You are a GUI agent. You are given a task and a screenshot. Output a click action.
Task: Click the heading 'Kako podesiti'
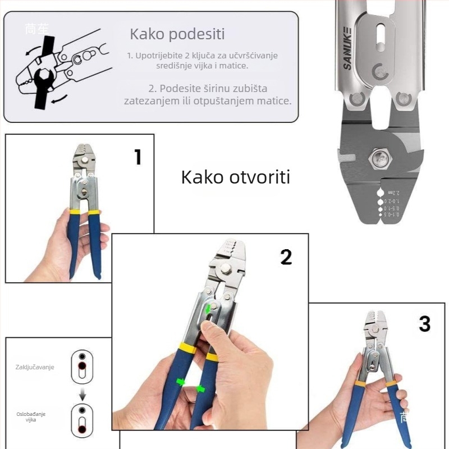coord(177,34)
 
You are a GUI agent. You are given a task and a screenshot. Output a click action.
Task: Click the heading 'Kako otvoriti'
coord(235,177)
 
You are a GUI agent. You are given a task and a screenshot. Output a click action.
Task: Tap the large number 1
coord(138,157)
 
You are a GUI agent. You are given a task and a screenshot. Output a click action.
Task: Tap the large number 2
coord(286,256)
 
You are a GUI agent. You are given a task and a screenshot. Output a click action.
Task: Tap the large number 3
coord(424,324)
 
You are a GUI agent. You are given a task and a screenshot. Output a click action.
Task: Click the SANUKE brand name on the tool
coord(347,47)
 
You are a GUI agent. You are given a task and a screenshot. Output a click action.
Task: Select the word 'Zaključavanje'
coord(35,367)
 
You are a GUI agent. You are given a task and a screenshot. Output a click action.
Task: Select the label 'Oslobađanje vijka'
coord(31,417)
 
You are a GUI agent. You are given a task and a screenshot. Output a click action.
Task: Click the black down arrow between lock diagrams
coord(83,396)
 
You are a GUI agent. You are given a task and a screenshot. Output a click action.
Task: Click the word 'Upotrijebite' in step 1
coord(159,56)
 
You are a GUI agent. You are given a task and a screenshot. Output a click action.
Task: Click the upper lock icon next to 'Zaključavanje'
coord(83,363)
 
